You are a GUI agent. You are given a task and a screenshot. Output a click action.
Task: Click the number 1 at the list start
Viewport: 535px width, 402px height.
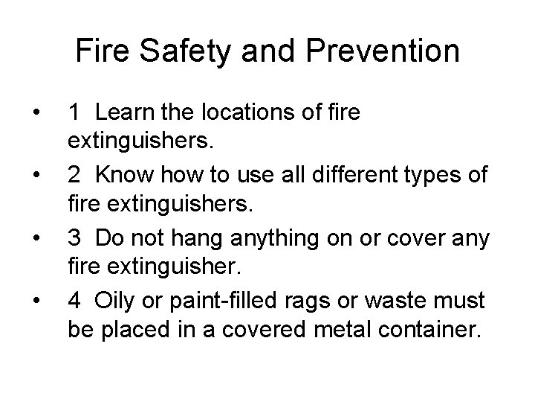point(74,113)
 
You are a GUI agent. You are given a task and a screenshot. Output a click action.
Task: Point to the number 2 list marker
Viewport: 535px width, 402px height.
point(74,175)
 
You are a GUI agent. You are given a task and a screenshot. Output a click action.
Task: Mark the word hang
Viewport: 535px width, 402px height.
point(204,239)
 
